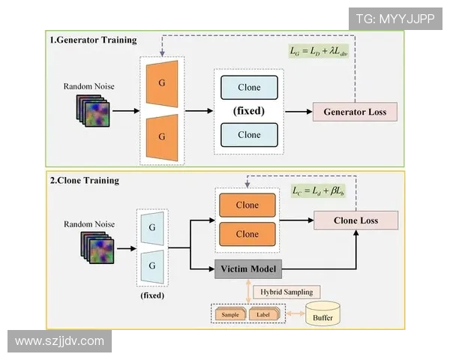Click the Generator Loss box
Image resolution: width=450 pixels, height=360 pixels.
(355, 112)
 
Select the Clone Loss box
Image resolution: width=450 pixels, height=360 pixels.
(355, 220)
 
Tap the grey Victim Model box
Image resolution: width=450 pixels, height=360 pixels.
(247, 269)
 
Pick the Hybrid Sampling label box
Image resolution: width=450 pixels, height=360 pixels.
(286, 292)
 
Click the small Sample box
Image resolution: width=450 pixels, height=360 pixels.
(230, 314)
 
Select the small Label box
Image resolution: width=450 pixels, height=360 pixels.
(265, 314)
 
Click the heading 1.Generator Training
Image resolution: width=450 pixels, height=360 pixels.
(93, 40)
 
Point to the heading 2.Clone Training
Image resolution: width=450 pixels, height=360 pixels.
(84, 180)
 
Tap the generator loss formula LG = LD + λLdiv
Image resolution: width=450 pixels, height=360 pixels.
(319, 51)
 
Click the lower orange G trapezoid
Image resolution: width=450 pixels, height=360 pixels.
(162, 137)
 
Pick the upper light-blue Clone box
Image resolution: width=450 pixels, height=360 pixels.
(249, 88)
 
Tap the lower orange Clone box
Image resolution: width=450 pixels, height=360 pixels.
(247, 234)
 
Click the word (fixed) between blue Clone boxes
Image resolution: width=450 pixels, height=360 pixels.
(249, 111)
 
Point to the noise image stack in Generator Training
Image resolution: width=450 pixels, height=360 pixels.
(92, 112)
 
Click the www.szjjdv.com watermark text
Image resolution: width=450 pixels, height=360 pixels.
(59, 341)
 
